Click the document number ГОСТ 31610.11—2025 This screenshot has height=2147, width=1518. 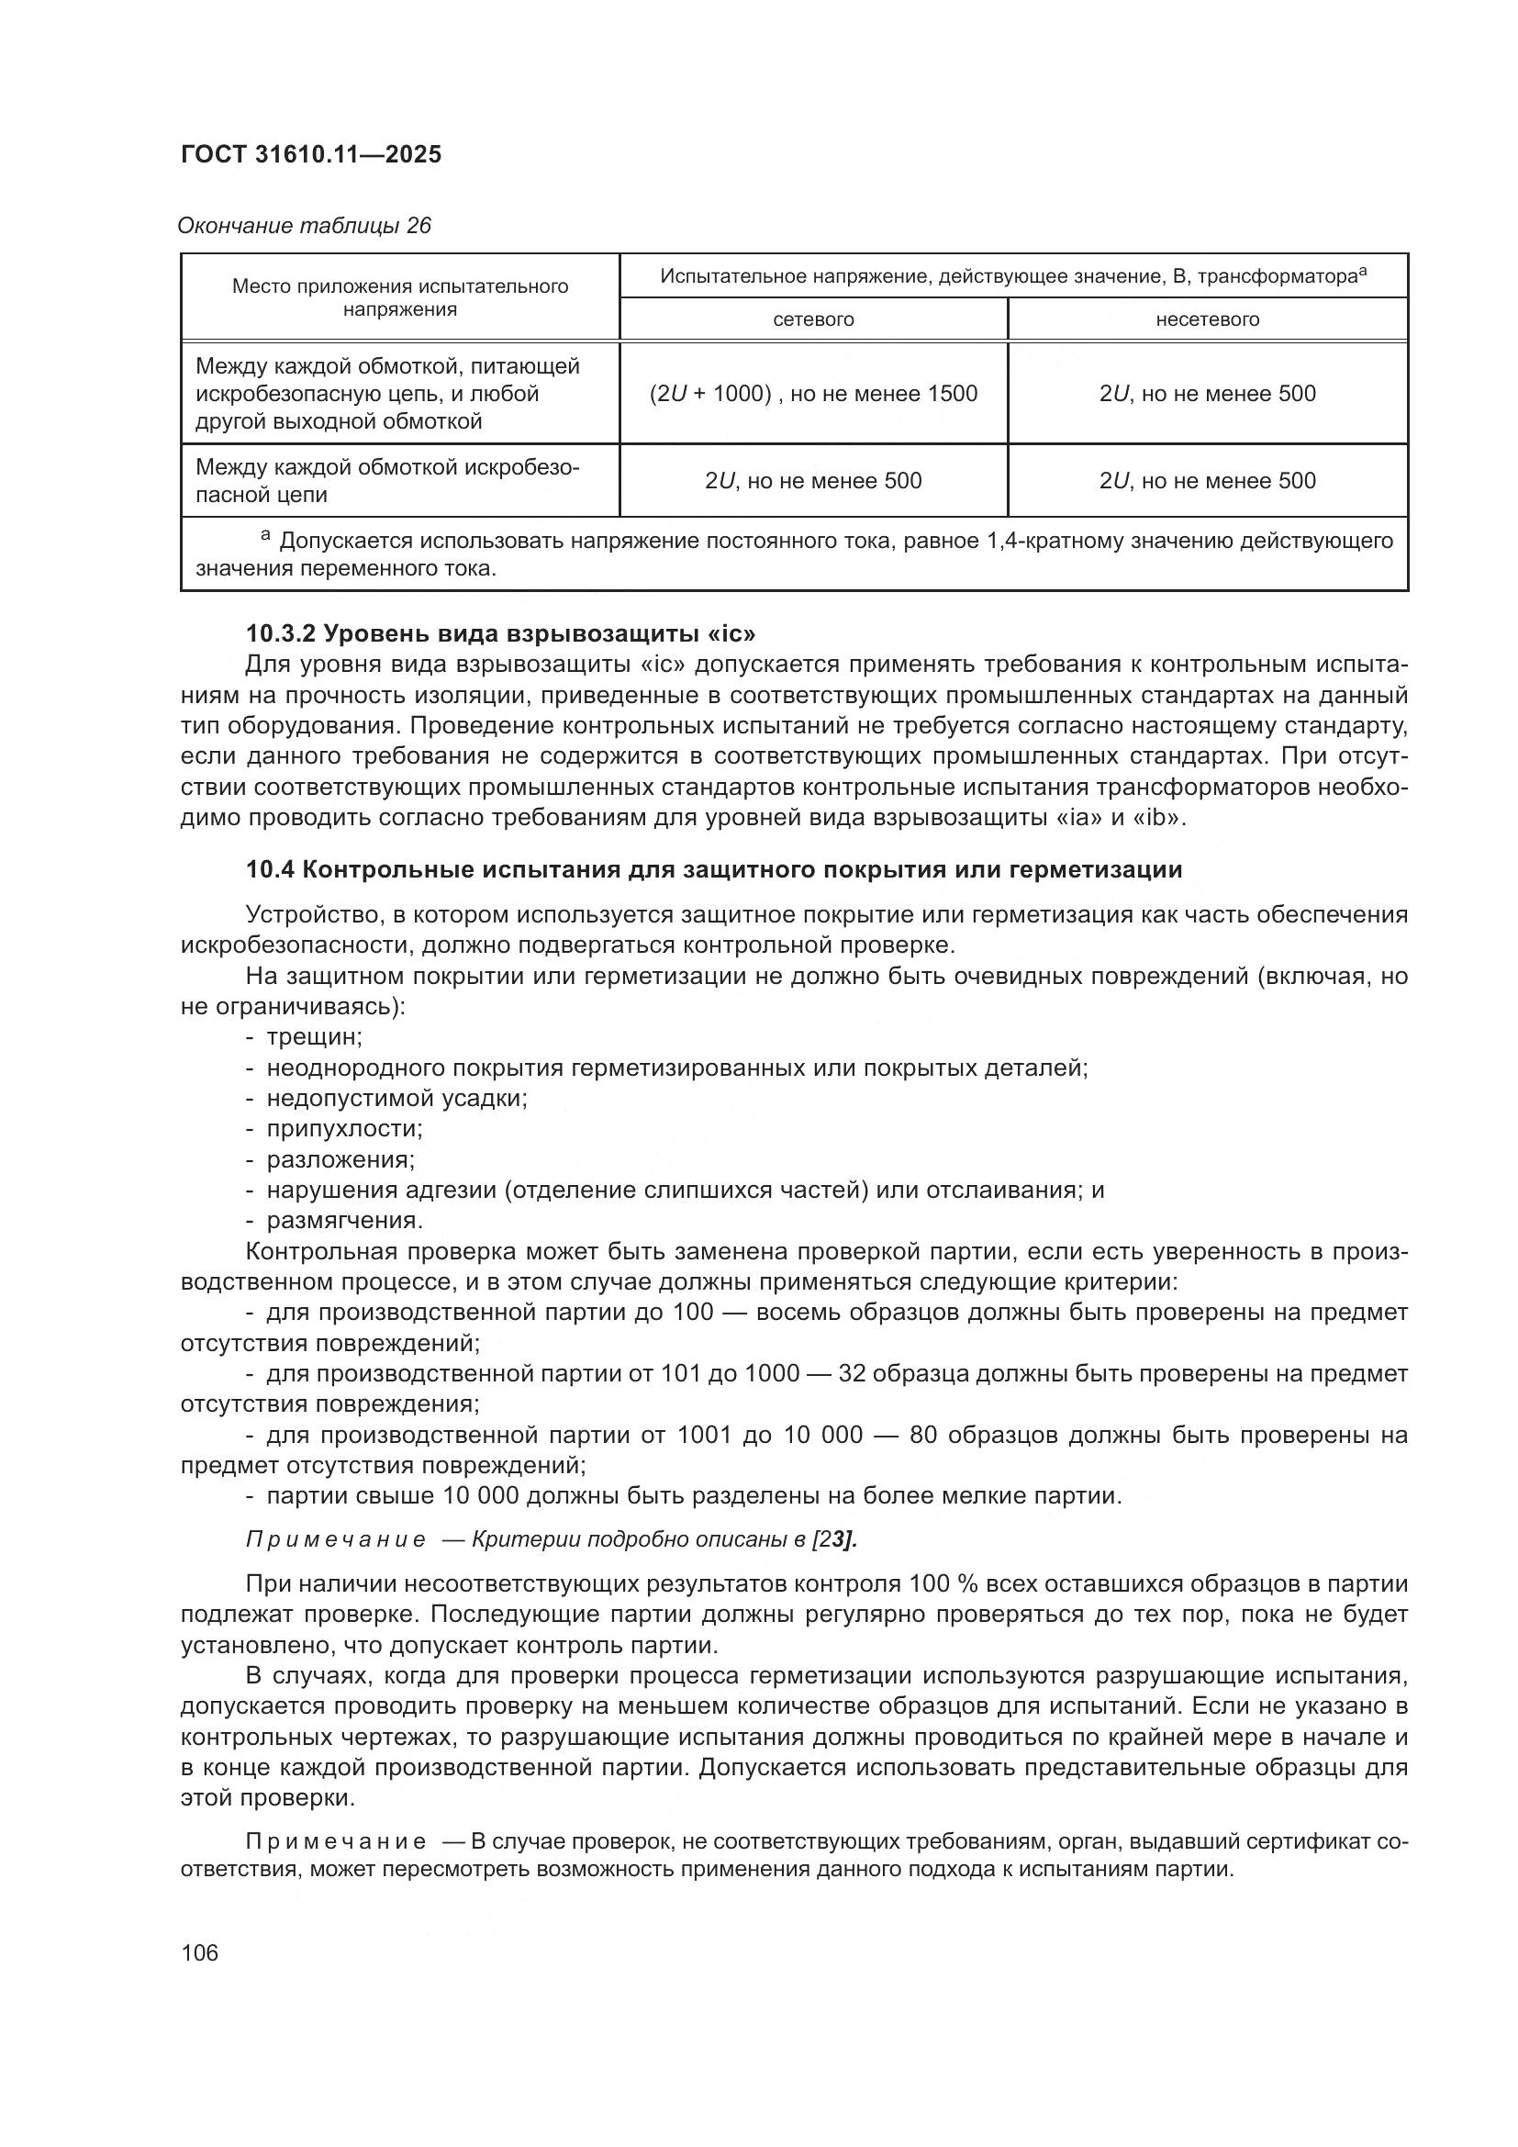point(310,154)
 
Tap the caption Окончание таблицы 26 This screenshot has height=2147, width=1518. point(305,226)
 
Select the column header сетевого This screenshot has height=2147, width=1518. point(813,319)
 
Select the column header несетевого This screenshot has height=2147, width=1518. point(1208,319)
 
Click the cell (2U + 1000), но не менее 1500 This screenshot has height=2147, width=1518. point(813,394)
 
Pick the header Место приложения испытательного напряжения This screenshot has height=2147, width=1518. point(400,297)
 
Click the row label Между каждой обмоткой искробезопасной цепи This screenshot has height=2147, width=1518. point(387,481)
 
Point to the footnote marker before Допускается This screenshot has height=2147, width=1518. point(265,536)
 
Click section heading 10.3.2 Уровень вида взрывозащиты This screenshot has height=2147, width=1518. point(500,633)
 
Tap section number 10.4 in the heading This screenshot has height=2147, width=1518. point(270,869)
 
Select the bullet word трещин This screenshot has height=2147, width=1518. point(314,1037)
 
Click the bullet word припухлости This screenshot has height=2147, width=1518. point(344,1129)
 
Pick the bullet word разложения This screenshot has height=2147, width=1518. point(340,1159)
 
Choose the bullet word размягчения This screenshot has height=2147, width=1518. point(345,1220)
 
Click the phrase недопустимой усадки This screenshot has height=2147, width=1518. point(397,1098)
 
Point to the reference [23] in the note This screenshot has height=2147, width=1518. point(839,1540)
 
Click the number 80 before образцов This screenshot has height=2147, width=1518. point(922,1435)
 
